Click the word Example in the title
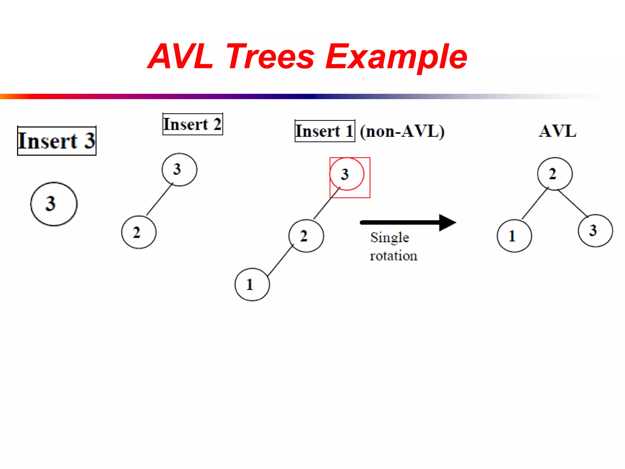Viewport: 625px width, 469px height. [396, 57]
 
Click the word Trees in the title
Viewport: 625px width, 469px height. [270, 57]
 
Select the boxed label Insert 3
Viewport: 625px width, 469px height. [57, 141]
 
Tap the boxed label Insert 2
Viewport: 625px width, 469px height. [193, 124]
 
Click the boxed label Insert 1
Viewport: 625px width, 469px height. [325, 131]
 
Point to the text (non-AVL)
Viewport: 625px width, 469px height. [402, 131]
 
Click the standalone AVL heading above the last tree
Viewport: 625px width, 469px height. [557, 131]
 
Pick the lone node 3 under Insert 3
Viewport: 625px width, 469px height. [54, 204]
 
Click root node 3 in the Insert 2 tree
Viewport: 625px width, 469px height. [179, 169]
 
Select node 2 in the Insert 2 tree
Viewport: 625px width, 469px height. [139, 232]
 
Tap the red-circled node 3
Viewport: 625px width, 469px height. [347, 174]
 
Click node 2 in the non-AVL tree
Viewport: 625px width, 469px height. [306, 236]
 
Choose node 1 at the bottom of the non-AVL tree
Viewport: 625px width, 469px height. [252, 285]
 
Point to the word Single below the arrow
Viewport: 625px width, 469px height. [389, 238]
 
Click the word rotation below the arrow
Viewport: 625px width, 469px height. [393, 256]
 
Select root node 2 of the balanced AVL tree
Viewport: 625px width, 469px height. [555, 174]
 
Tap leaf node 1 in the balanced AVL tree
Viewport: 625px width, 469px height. [514, 236]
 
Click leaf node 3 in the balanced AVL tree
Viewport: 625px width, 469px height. [595, 231]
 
